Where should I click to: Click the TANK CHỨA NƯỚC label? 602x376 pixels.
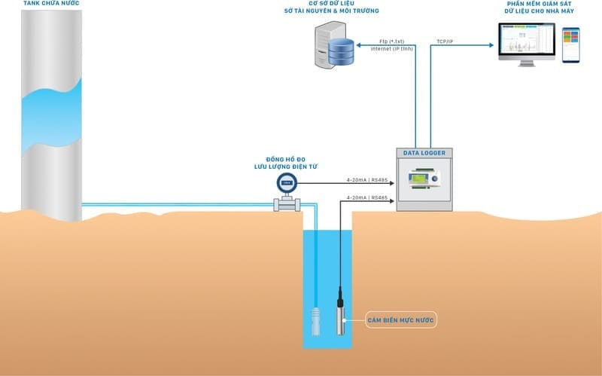[x=50, y=5]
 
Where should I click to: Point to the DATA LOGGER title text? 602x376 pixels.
[x=424, y=153]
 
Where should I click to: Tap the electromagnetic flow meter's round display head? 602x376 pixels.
[x=287, y=182]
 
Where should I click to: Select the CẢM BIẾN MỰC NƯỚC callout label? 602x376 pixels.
[x=401, y=321]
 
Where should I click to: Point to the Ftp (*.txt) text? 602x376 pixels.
[x=393, y=41]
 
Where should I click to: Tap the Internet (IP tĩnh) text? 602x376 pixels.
[x=391, y=48]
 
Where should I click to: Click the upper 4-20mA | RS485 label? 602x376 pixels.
[x=366, y=179]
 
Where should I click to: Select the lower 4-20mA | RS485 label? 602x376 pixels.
[x=366, y=197]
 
